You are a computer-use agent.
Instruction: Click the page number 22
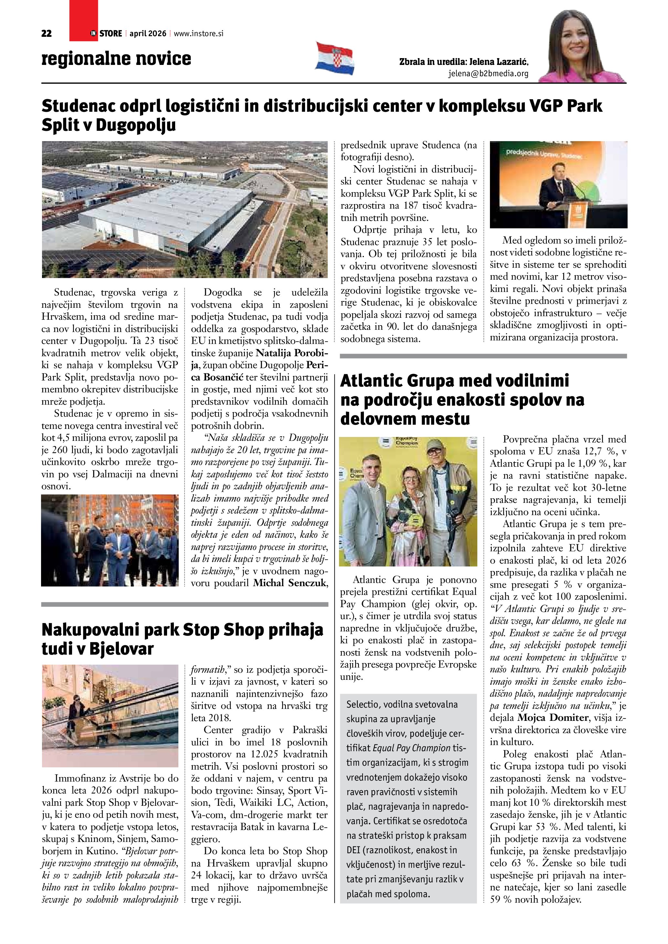[47, 34]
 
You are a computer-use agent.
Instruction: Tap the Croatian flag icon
[335, 58]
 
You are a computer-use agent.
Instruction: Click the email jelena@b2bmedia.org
[488, 74]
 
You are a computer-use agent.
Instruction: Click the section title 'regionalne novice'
[116, 59]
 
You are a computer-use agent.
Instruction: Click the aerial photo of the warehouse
[185, 209]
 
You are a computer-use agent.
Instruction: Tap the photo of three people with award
[408, 502]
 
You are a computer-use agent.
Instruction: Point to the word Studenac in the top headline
[78, 107]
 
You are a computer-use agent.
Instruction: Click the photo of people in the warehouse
[110, 540]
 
